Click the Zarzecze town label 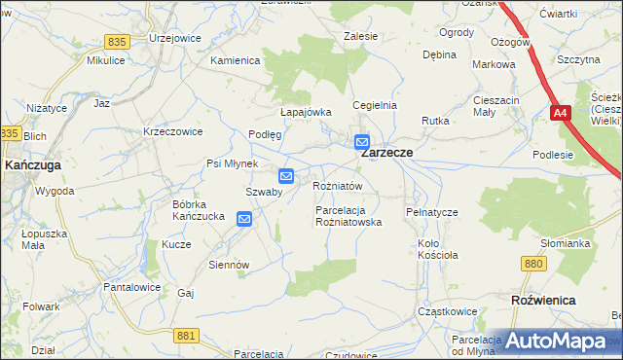point(387,154)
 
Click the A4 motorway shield point(560,114)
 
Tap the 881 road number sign point(188,335)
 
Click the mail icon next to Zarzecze point(362,141)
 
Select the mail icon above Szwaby point(286,176)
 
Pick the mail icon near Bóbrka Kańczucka point(244,220)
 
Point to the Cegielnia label point(375,105)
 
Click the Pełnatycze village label point(431,211)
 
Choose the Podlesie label point(553,155)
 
